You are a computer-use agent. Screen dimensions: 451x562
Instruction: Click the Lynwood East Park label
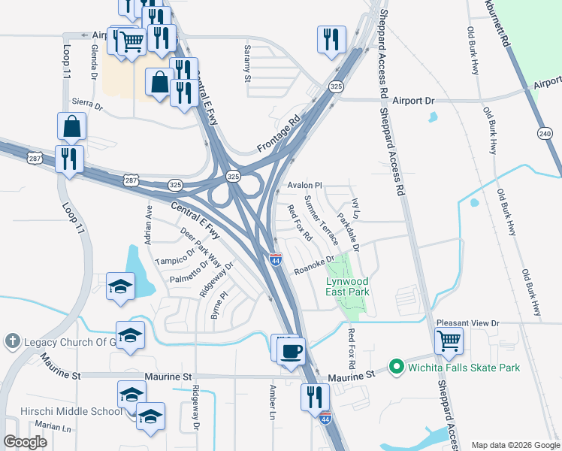347,286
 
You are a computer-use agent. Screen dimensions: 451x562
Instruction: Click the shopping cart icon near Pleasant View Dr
449,341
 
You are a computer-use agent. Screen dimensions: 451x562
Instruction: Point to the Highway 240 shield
545,132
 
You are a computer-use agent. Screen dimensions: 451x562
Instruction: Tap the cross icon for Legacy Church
11,341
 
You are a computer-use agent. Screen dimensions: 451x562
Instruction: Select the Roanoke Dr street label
313,267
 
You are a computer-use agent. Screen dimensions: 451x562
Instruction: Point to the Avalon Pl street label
304,185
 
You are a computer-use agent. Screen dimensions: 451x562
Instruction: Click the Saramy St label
246,62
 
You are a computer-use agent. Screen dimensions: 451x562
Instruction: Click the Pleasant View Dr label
468,322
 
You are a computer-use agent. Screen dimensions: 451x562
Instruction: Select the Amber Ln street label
273,402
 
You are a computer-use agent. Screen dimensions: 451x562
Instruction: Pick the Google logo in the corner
25,442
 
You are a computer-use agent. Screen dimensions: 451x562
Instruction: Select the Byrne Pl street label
219,307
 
